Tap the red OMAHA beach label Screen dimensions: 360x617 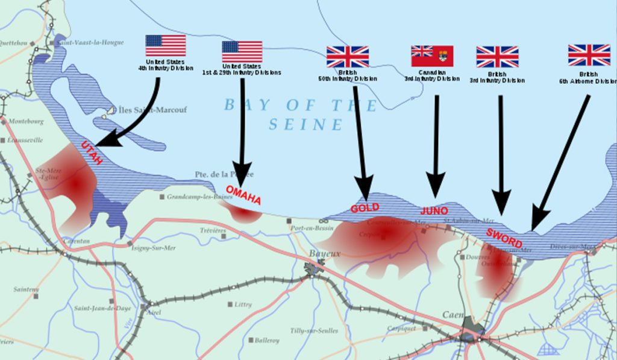click(243, 195)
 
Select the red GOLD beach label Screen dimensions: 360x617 click(365, 207)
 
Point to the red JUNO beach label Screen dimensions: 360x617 click(434, 210)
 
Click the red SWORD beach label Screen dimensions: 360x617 click(504, 238)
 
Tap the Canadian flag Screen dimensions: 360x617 click(432, 55)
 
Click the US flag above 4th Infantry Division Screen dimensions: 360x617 click(165, 45)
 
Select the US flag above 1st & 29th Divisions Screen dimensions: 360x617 click(242, 51)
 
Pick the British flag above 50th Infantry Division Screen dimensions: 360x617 click(348, 56)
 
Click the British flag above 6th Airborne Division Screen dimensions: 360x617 click(589, 55)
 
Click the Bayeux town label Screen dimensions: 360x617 click(325, 254)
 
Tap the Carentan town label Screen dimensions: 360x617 click(77, 241)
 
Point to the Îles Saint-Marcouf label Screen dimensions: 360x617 click(151, 110)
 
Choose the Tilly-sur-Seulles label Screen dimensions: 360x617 click(314, 331)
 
